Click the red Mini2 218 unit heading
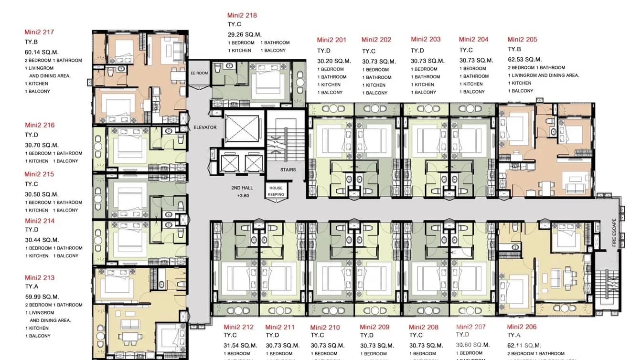242,15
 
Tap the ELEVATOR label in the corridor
205,127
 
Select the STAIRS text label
288,169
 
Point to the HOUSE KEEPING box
276,191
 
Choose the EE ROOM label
199,73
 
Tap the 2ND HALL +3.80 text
242,191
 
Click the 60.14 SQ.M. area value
42,52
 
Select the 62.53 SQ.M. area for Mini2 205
524,59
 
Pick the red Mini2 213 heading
40,277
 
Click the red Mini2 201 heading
331,40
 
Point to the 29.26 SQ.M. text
245,34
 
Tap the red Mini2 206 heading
522,327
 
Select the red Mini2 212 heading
239,327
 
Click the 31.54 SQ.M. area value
241,345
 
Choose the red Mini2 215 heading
39,174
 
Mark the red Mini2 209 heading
374,327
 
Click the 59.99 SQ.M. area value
42,296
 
